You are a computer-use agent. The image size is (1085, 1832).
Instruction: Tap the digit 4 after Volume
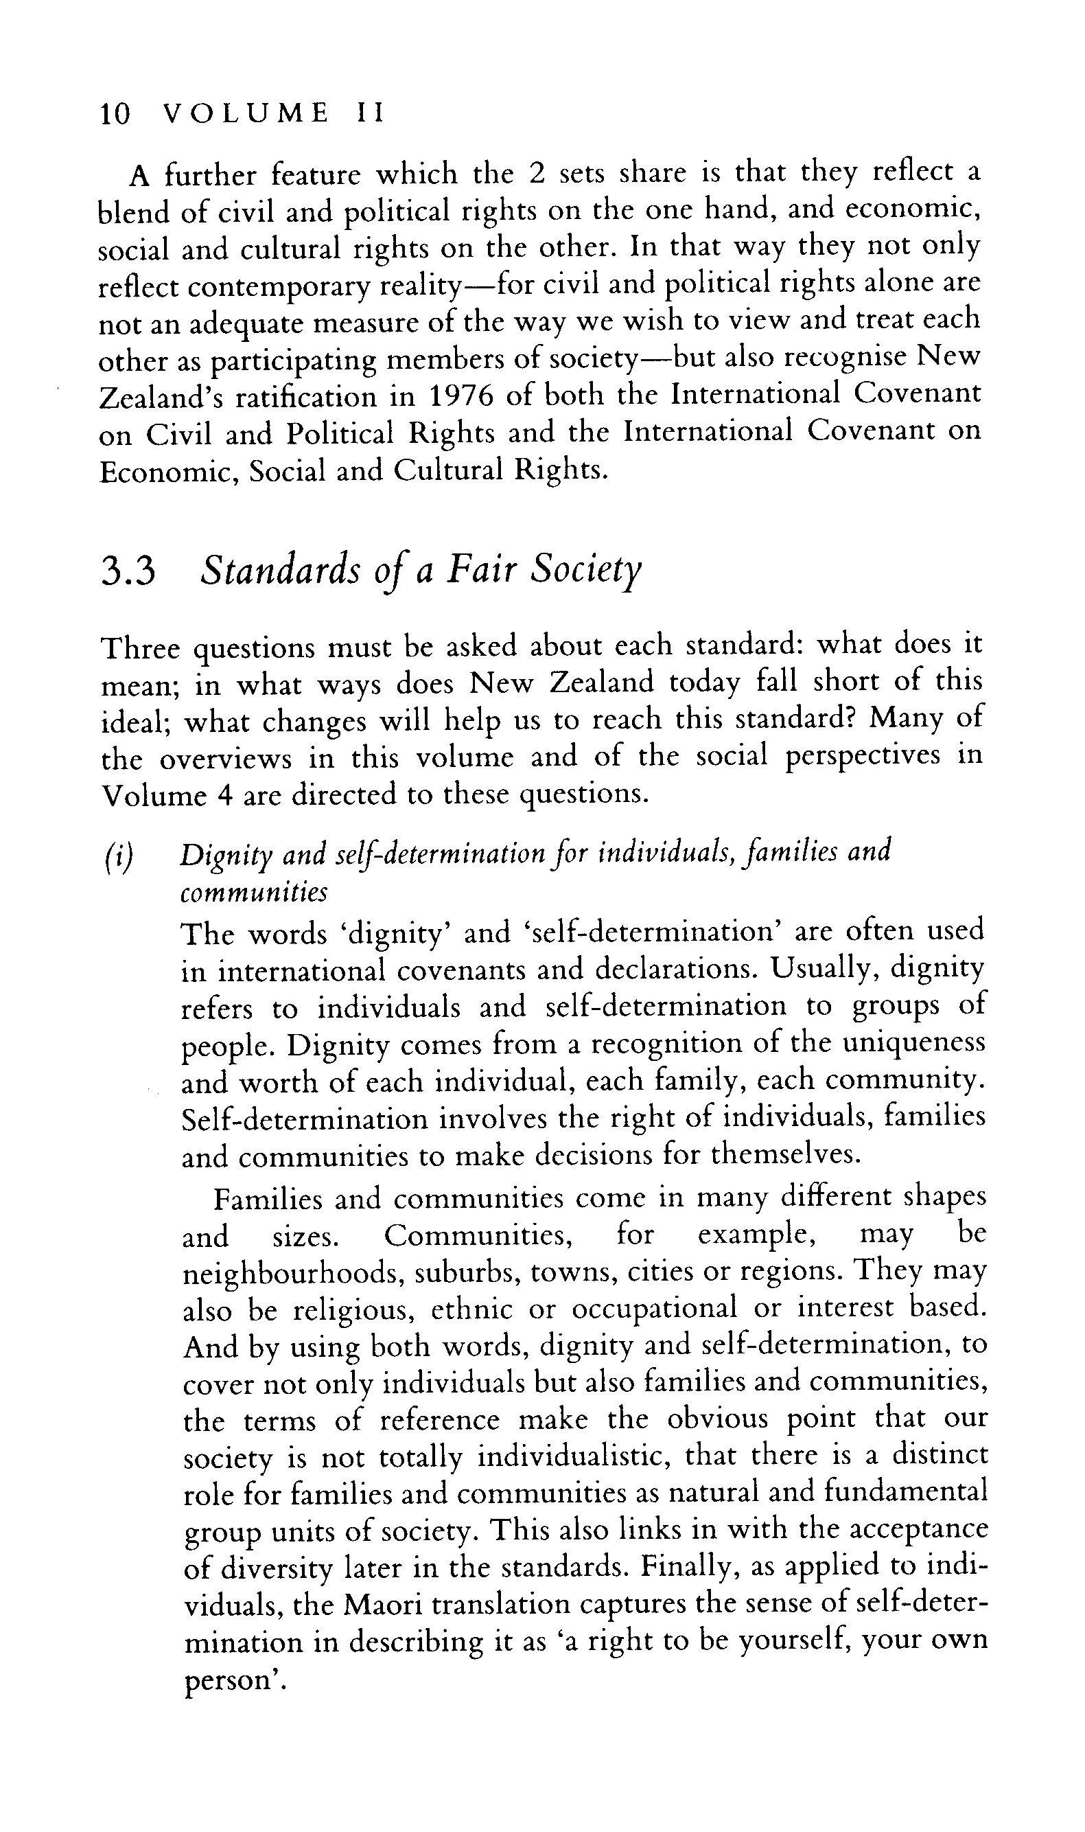pyautogui.click(x=224, y=796)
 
